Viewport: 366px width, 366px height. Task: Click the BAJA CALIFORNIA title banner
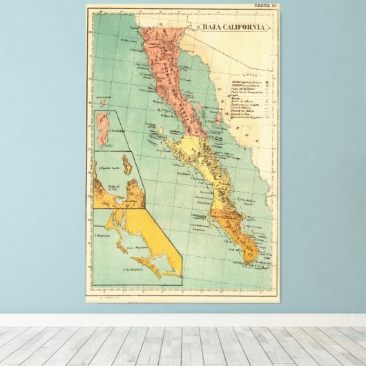(x=233, y=28)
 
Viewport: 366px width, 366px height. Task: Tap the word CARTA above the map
(x=261, y=6)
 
